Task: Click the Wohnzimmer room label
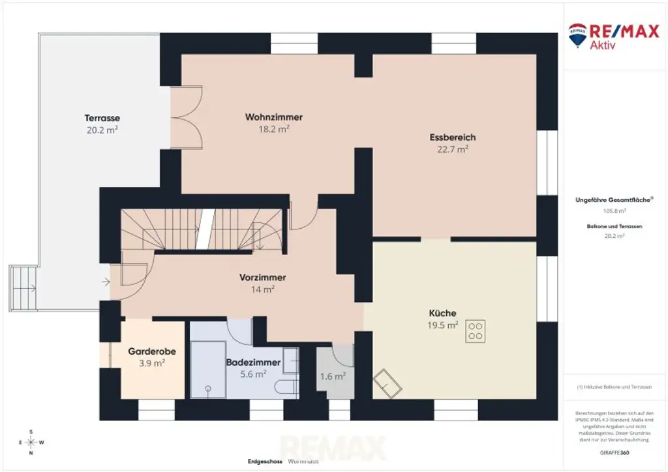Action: click(x=273, y=117)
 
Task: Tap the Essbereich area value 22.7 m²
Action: click(x=453, y=149)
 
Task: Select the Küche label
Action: click(x=442, y=313)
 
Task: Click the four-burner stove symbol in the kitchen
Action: click(x=475, y=332)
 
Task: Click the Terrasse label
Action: click(x=102, y=118)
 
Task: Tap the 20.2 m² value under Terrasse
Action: click(x=102, y=130)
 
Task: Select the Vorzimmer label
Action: click(x=262, y=277)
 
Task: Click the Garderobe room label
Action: click(x=152, y=351)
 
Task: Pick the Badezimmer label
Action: click(x=253, y=362)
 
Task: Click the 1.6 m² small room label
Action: click(x=333, y=376)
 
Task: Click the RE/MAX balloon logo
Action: click(x=577, y=35)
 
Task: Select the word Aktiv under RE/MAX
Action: click(x=602, y=45)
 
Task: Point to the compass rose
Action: click(x=30, y=442)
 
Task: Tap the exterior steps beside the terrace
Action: click(x=23, y=288)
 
